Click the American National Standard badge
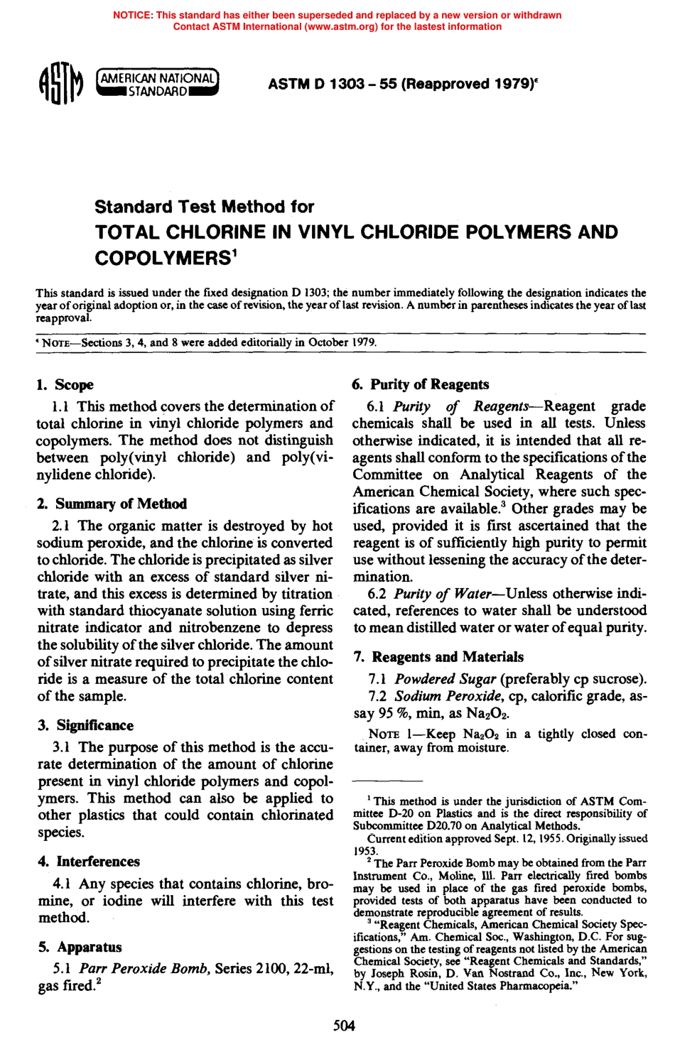(157, 84)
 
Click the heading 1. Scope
(65, 385)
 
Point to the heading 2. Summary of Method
(112, 504)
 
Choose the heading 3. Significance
(86, 725)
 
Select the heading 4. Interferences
(90, 862)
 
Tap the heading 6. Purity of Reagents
(421, 385)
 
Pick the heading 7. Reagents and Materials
(438, 657)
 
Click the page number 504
(344, 1025)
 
